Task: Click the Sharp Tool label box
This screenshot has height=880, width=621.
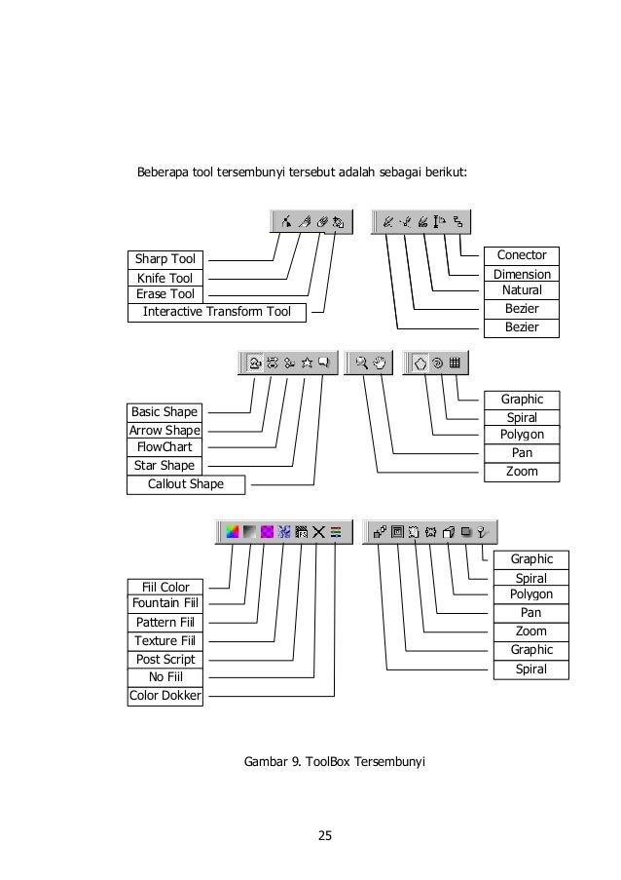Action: (164, 259)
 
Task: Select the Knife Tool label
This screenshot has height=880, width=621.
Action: (164, 278)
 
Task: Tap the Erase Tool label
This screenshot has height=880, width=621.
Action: (164, 294)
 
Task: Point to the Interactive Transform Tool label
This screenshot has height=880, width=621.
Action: (216, 312)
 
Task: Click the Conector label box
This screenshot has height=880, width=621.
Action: (522, 255)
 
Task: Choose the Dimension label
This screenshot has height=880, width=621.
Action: (522, 275)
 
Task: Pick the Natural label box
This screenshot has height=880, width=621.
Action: (522, 290)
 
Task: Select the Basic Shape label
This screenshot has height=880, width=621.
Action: (164, 411)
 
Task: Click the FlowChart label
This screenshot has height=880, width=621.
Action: (164, 447)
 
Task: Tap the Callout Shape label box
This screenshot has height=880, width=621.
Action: (185, 483)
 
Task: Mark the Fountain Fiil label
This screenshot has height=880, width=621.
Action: (164, 603)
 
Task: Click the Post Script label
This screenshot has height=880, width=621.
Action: (164, 660)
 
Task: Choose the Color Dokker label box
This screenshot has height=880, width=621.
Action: (164, 696)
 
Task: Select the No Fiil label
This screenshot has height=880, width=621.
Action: (164, 677)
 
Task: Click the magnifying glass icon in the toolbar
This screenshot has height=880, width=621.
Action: (362, 363)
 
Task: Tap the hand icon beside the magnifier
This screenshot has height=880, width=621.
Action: (381, 363)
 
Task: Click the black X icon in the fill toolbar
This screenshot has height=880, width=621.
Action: (318, 532)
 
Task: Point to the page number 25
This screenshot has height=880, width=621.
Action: (325, 834)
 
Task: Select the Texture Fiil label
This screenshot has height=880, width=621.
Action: (164, 640)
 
